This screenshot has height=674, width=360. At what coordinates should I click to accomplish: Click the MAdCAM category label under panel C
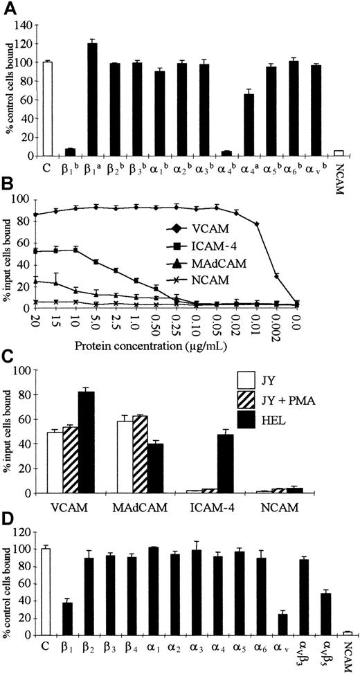tap(140, 506)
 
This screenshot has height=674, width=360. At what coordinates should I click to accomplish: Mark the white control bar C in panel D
tap(46, 601)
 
